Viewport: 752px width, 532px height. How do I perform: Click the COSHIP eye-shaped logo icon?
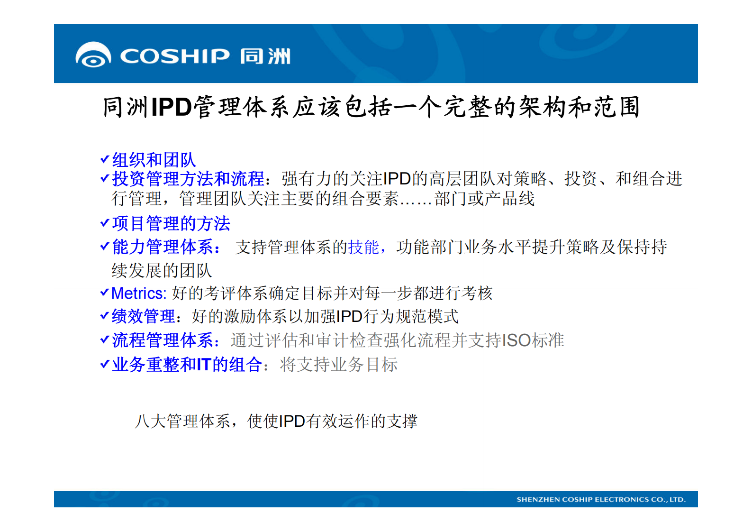coord(93,55)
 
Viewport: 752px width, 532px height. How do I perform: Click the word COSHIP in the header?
coord(174,56)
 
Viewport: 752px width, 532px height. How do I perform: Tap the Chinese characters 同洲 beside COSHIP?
coord(265,56)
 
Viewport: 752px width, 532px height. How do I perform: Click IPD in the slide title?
coord(171,107)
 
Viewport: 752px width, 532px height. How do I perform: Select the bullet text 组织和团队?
coord(154,160)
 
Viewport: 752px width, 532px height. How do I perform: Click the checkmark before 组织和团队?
coord(105,159)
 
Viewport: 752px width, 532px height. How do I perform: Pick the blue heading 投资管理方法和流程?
coord(188,179)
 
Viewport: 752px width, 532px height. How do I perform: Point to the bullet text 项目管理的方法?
coord(171,223)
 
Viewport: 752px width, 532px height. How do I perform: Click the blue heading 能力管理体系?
coord(163,247)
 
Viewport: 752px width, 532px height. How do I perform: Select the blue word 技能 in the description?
coord(363,247)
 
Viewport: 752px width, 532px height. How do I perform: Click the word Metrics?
coord(138,293)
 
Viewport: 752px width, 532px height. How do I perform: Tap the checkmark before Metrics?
coord(105,293)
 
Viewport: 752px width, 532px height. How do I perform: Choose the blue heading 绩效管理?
coord(143,316)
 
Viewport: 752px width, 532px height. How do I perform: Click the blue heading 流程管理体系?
coord(163,340)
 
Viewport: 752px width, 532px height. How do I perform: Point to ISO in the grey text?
coord(516,340)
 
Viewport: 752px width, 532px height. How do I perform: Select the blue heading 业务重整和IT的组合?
coord(187,364)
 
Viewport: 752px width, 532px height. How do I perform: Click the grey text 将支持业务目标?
coord(338,364)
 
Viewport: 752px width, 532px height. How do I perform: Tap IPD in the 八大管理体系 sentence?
coord(292,421)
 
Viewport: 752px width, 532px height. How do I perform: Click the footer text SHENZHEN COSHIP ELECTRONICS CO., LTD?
coord(600,499)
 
